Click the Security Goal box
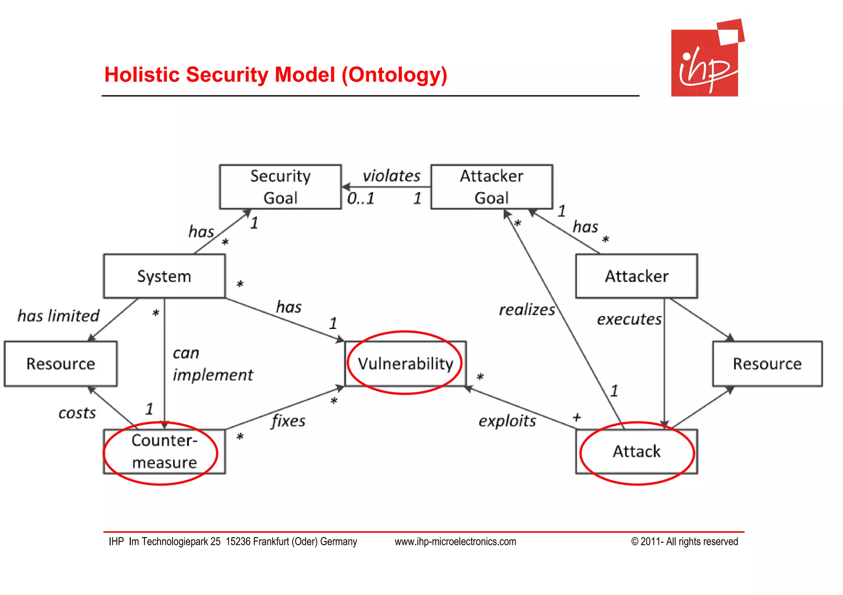click(x=280, y=187)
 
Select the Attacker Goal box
click(x=491, y=187)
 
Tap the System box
click(x=164, y=276)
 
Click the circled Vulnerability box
click(x=405, y=363)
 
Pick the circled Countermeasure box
click(x=164, y=451)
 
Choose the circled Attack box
click(x=636, y=451)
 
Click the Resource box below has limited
click(x=61, y=364)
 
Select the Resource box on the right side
click(x=767, y=364)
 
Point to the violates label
click(x=391, y=176)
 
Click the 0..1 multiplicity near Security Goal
click(x=361, y=199)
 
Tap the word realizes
click(x=527, y=310)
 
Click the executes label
click(x=629, y=319)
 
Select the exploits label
click(x=507, y=421)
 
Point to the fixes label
click(x=289, y=421)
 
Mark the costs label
click(x=77, y=413)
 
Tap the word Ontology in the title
click(x=394, y=75)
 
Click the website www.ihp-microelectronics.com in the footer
click(x=455, y=542)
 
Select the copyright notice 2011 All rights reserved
click(x=684, y=542)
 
